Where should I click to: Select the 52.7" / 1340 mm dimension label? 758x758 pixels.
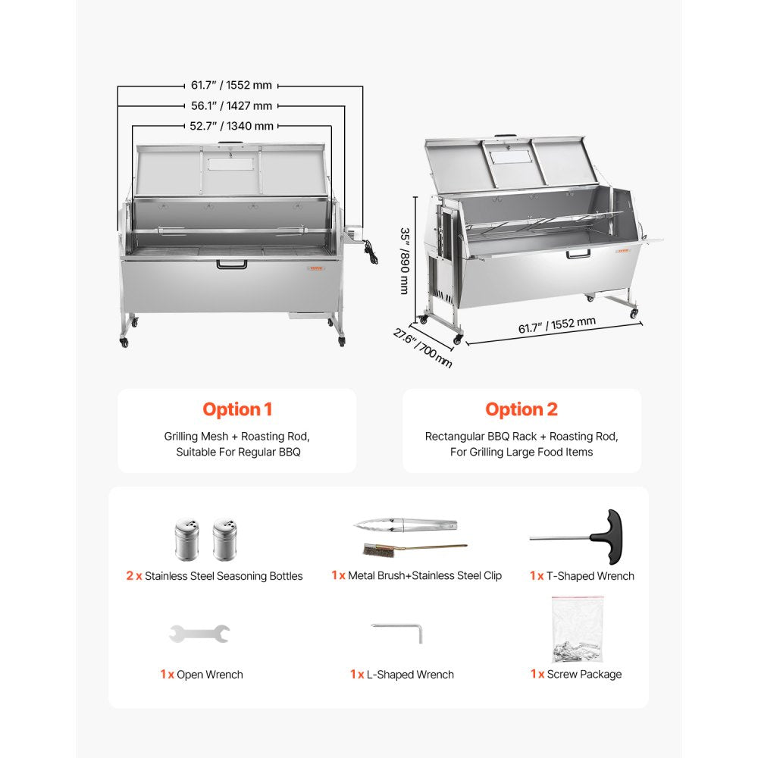tap(231, 126)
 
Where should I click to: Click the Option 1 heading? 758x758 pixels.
tap(236, 409)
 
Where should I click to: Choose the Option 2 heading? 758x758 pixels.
tap(522, 409)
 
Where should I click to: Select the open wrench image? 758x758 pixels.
tap(199, 633)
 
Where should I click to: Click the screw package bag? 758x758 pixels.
tap(578, 629)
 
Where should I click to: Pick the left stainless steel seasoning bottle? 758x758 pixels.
tap(186, 539)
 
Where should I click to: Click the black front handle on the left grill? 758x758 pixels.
tap(231, 265)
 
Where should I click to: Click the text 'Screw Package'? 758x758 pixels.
tap(584, 674)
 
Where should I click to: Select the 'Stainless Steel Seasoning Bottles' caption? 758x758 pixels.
tap(224, 576)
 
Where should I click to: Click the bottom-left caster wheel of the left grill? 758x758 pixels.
tap(124, 343)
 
